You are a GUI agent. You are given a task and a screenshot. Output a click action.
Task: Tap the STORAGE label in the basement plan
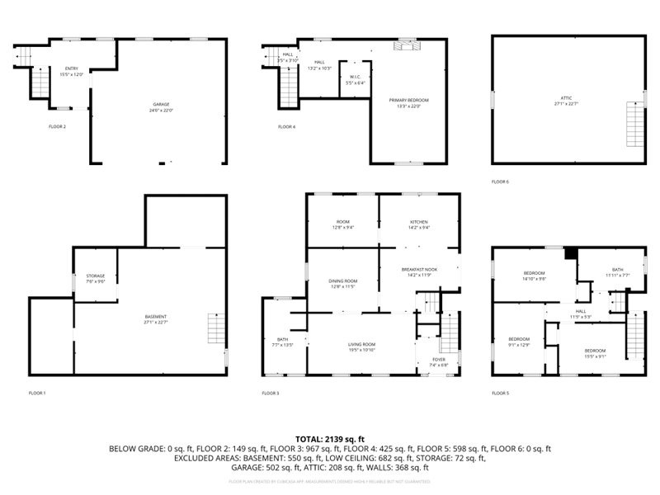pos(96,278)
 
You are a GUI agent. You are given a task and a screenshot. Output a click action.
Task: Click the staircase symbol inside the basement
pos(214,330)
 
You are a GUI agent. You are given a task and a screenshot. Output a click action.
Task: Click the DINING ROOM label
pos(342,283)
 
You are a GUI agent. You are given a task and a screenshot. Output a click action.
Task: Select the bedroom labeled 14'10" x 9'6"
pos(535,276)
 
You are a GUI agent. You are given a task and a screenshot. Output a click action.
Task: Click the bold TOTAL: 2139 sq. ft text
pos(330,439)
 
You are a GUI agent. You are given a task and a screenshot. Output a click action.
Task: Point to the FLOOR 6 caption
pos(500,181)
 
